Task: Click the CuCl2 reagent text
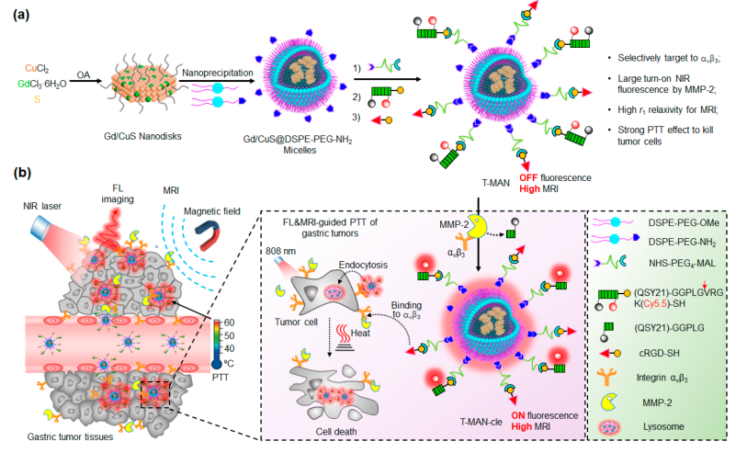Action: coord(35,66)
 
